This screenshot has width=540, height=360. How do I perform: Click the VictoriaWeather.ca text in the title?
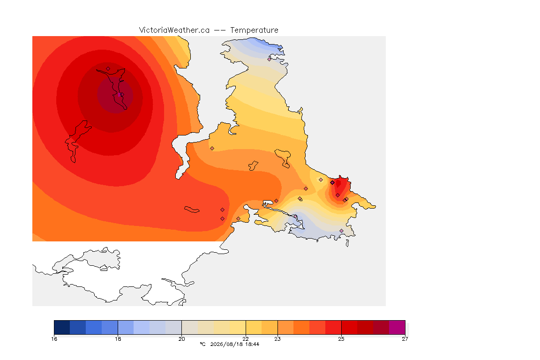pyautogui.click(x=174, y=30)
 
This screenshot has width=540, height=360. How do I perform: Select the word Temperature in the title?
pyautogui.click(x=254, y=30)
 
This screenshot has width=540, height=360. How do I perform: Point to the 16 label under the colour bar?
pyautogui.click(x=54, y=339)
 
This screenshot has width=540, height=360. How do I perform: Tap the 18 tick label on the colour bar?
pyautogui.click(x=118, y=339)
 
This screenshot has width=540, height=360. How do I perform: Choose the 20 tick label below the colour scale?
pyautogui.click(x=181, y=339)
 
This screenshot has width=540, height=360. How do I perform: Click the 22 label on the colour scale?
pyautogui.click(x=246, y=339)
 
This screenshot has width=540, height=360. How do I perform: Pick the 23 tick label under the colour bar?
pyautogui.click(x=277, y=339)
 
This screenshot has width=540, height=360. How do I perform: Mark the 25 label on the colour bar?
pyautogui.click(x=341, y=339)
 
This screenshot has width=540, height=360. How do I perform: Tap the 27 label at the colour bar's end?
pyautogui.click(x=405, y=339)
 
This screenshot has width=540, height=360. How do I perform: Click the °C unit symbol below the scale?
pyautogui.click(x=202, y=344)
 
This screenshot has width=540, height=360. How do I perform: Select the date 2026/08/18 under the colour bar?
pyautogui.click(x=226, y=344)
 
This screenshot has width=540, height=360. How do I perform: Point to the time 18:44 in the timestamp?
pyautogui.click(x=252, y=344)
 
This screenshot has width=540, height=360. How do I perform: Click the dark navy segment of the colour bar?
pyautogui.click(x=62, y=327)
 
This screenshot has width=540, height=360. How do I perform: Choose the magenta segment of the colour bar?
pyautogui.click(x=397, y=327)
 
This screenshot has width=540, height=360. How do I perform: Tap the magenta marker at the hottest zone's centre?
pyautogui.click(x=119, y=95)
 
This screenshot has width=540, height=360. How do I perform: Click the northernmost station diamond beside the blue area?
pyautogui.click(x=270, y=59)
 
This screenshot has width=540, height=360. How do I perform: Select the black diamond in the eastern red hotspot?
pyautogui.click(x=332, y=183)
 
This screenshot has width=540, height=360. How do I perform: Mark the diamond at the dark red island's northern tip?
pyautogui.click(x=108, y=69)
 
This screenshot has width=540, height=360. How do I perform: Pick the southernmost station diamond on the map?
pyautogui.click(x=341, y=231)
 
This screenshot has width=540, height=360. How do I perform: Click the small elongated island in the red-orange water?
pyautogui.click(x=192, y=210)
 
